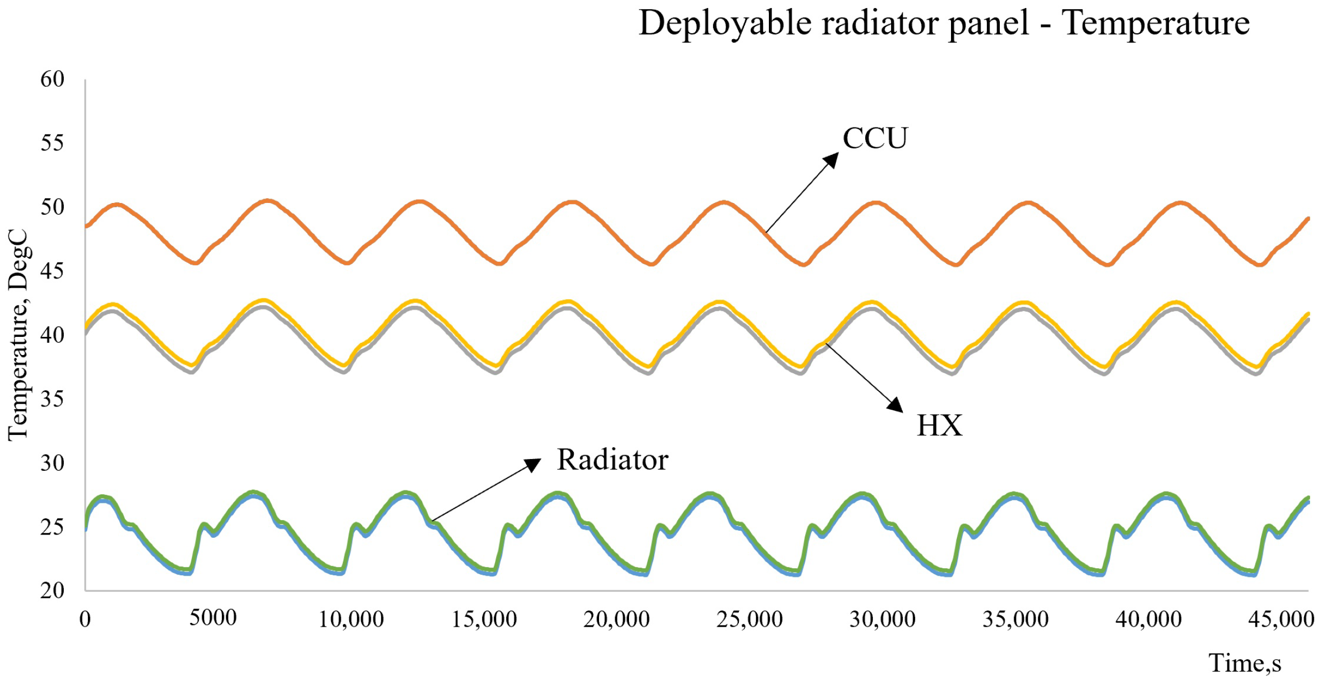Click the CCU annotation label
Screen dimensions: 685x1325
click(874, 138)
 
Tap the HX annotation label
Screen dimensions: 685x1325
click(939, 426)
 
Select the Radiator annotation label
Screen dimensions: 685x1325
click(612, 460)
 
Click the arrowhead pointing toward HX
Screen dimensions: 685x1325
click(895, 405)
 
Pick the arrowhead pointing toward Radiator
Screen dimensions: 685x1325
click(534, 464)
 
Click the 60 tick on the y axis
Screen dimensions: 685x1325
click(53, 79)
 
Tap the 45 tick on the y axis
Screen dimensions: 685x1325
click(53, 271)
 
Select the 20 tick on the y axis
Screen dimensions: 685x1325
click(53, 590)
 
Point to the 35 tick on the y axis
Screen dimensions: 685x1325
click(53, 399)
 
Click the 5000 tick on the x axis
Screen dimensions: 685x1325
click(213, 618)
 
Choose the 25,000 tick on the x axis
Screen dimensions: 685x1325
click(750, 620)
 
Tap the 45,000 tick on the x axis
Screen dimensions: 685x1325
click(1281, 620)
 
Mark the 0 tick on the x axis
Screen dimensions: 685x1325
click(85, 620)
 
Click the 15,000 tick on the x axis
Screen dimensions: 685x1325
click(484, 620)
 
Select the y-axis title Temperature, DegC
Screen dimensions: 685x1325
click(18, 335)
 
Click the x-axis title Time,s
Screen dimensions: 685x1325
click(1245, 663)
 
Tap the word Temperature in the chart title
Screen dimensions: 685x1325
click(1156, 24)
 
